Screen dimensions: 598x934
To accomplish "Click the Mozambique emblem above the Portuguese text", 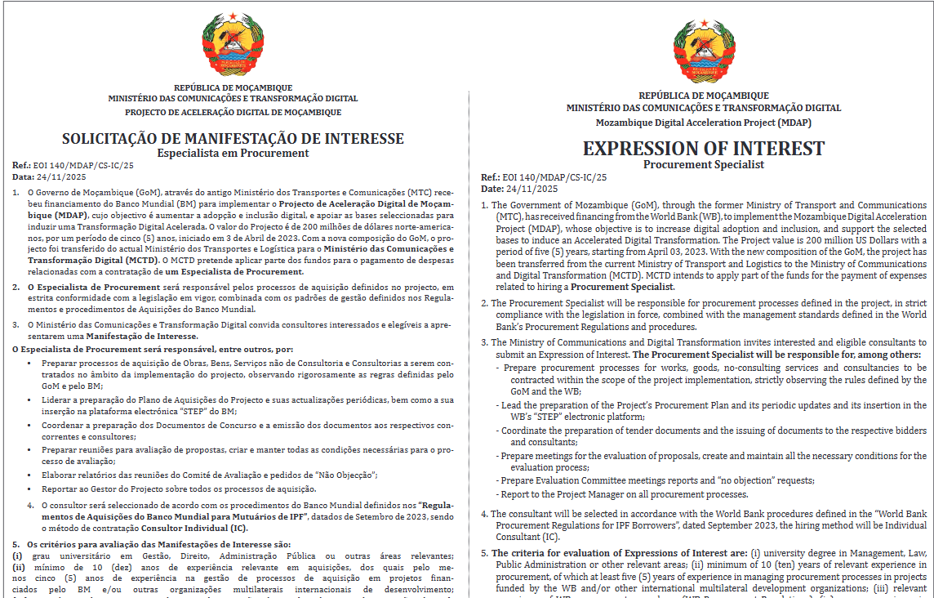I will click(233, 44).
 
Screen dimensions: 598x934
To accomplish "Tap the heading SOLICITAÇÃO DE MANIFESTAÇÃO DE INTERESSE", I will click(233, 139).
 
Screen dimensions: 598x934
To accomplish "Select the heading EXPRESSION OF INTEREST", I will click(703, 149).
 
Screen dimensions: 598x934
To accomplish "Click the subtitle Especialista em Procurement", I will click(233, 153).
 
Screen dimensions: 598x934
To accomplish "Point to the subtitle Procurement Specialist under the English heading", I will click(703, 164).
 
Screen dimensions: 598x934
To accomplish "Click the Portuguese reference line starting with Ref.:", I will click(73, 165).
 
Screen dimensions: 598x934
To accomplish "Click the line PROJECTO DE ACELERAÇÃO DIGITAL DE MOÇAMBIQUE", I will click(233, 112).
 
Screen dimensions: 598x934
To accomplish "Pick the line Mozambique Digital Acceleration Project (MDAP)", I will click(703, 123).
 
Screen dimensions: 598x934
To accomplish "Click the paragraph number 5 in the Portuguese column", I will click(15, 544).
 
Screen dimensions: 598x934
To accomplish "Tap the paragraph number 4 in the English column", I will click(484, 515).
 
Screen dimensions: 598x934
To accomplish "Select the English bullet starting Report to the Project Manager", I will click(625, 494).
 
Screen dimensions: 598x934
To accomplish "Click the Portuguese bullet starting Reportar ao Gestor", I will click(179, 489).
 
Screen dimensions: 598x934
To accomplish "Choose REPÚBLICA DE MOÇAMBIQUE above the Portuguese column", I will click(233, 87).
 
